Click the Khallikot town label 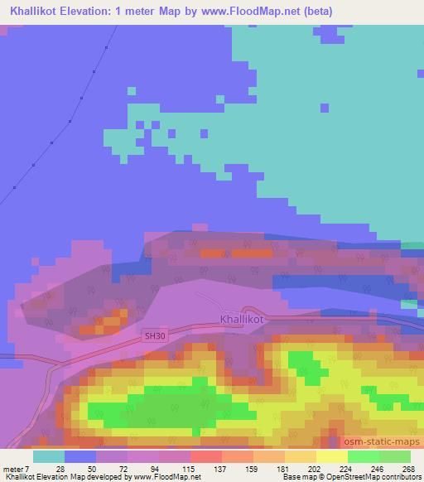pos(243,318)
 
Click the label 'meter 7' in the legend pos(17,468)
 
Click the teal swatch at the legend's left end pos(48,455)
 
